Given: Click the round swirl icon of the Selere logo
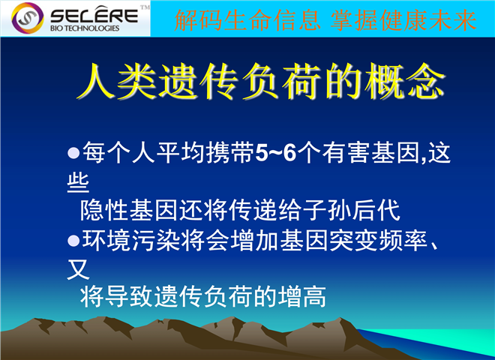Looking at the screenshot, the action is pyautogui.click(x=28, y=18).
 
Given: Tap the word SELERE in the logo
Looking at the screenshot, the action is pyautogui.click(x=94, y=15).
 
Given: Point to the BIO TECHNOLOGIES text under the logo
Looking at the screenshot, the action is pyautogui.click(x=85, y=28).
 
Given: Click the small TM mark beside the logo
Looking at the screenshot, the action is pyautogui.click(x=145, y=7).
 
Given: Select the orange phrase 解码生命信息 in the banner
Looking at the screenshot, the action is pyautogui.click(x=247, y=20).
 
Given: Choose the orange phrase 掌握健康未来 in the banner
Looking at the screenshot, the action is pyautogui.click(x=403, y=20).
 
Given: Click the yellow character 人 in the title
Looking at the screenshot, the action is pyautogui.click(x=96, y=81).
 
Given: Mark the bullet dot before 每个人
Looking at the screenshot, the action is pyautogui.click(x=73, y=153).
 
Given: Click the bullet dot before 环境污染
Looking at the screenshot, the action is pyautogui.click(x=73, y=241).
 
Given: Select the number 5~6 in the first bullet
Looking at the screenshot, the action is pyautogui.click(x=275, y=153).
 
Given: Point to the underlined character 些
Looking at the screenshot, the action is pyautogui.click(x=78, y=182).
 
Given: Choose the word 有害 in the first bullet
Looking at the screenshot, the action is pyautogui.click(x=346, y=153).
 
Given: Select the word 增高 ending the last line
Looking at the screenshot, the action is pyautogui.click(x=301, y=297).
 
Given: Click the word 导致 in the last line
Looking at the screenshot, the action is pyautogui.click(x=129, y=297).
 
